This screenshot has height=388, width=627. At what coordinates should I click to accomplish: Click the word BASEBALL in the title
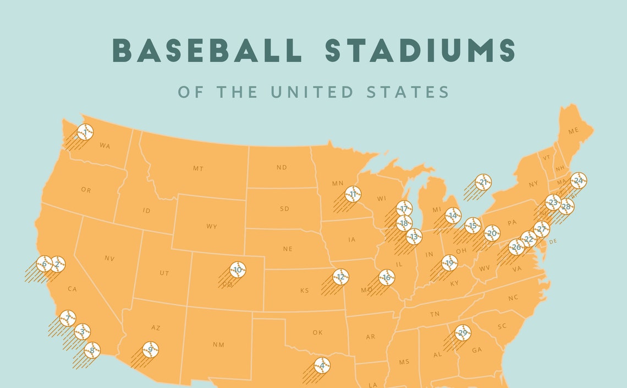coord(207,50)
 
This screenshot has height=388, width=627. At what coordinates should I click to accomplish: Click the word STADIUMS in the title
coord(420,50)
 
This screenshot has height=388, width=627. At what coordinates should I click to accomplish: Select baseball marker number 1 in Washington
coord(85,132)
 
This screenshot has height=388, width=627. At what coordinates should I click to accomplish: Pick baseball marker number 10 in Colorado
coord(238,270)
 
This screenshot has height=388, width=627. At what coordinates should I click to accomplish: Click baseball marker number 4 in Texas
coord(322,365)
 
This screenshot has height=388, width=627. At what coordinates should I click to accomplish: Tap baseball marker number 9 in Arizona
coord(150,349)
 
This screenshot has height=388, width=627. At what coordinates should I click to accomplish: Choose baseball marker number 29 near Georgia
coord(463,333)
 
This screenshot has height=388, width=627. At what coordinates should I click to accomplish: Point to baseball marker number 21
coord(483,182)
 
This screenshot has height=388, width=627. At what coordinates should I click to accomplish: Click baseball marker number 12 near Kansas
coord(341,277)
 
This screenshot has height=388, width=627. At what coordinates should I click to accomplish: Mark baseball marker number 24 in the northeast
coord(578,181)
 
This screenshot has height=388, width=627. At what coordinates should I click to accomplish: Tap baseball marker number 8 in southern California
coord(92,349)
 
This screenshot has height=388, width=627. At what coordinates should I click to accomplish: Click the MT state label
coord(198,168)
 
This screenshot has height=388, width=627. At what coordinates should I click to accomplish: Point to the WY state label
coord(212,226)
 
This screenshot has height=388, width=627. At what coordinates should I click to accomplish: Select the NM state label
coord(218,345)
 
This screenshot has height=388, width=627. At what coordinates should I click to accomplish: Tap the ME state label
coord(574,131)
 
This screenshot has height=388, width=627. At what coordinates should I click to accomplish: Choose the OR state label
coord(86,190)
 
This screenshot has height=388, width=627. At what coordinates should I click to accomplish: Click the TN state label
coord(435,314)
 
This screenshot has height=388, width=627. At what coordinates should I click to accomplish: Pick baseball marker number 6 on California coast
coord(44,264)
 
